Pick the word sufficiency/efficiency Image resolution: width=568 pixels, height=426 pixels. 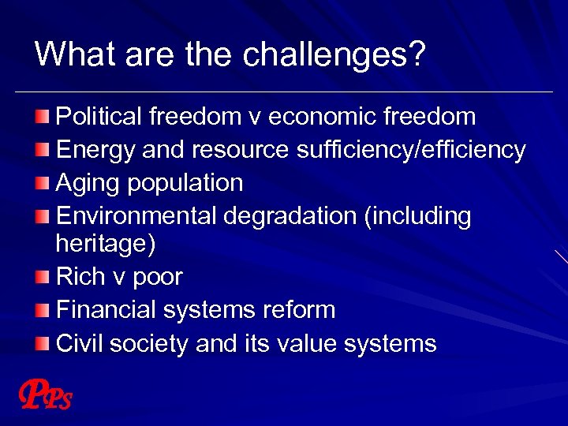point(411,149)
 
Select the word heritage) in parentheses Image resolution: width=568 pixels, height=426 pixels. point(106,244)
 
